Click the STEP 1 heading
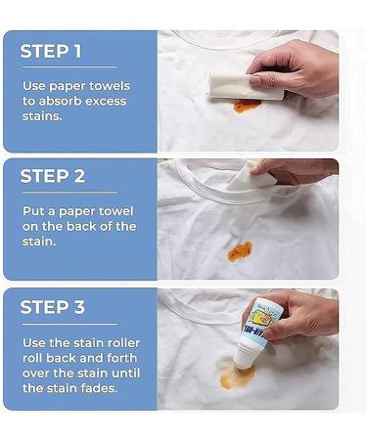pos(51,52)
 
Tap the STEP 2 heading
pos(53,176)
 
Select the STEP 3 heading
pos(53,307)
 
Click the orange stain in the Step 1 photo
pos(247,106)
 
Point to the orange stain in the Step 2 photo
pos(240,251)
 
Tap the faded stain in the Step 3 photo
pos(237,374)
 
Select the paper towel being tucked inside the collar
pos(252,179)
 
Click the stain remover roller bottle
pos(256,332)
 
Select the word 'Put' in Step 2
pos(31,211)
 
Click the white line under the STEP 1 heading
pos(69,66)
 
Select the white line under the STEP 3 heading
pos(69,324)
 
